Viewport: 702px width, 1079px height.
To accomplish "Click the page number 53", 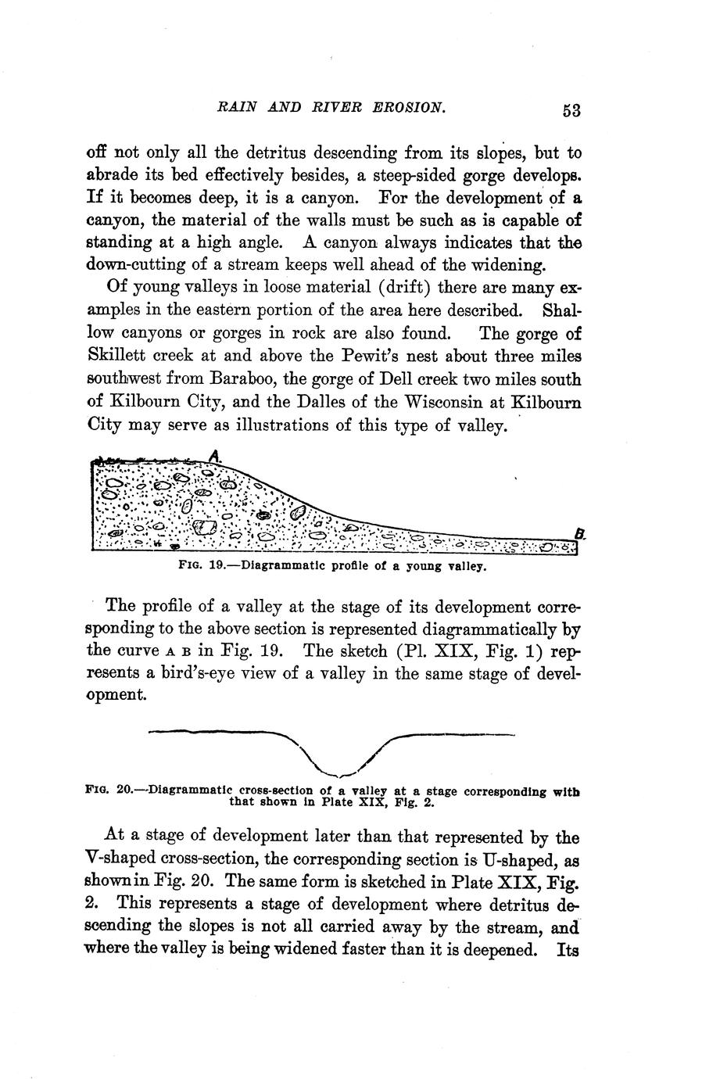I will (571, 110).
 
